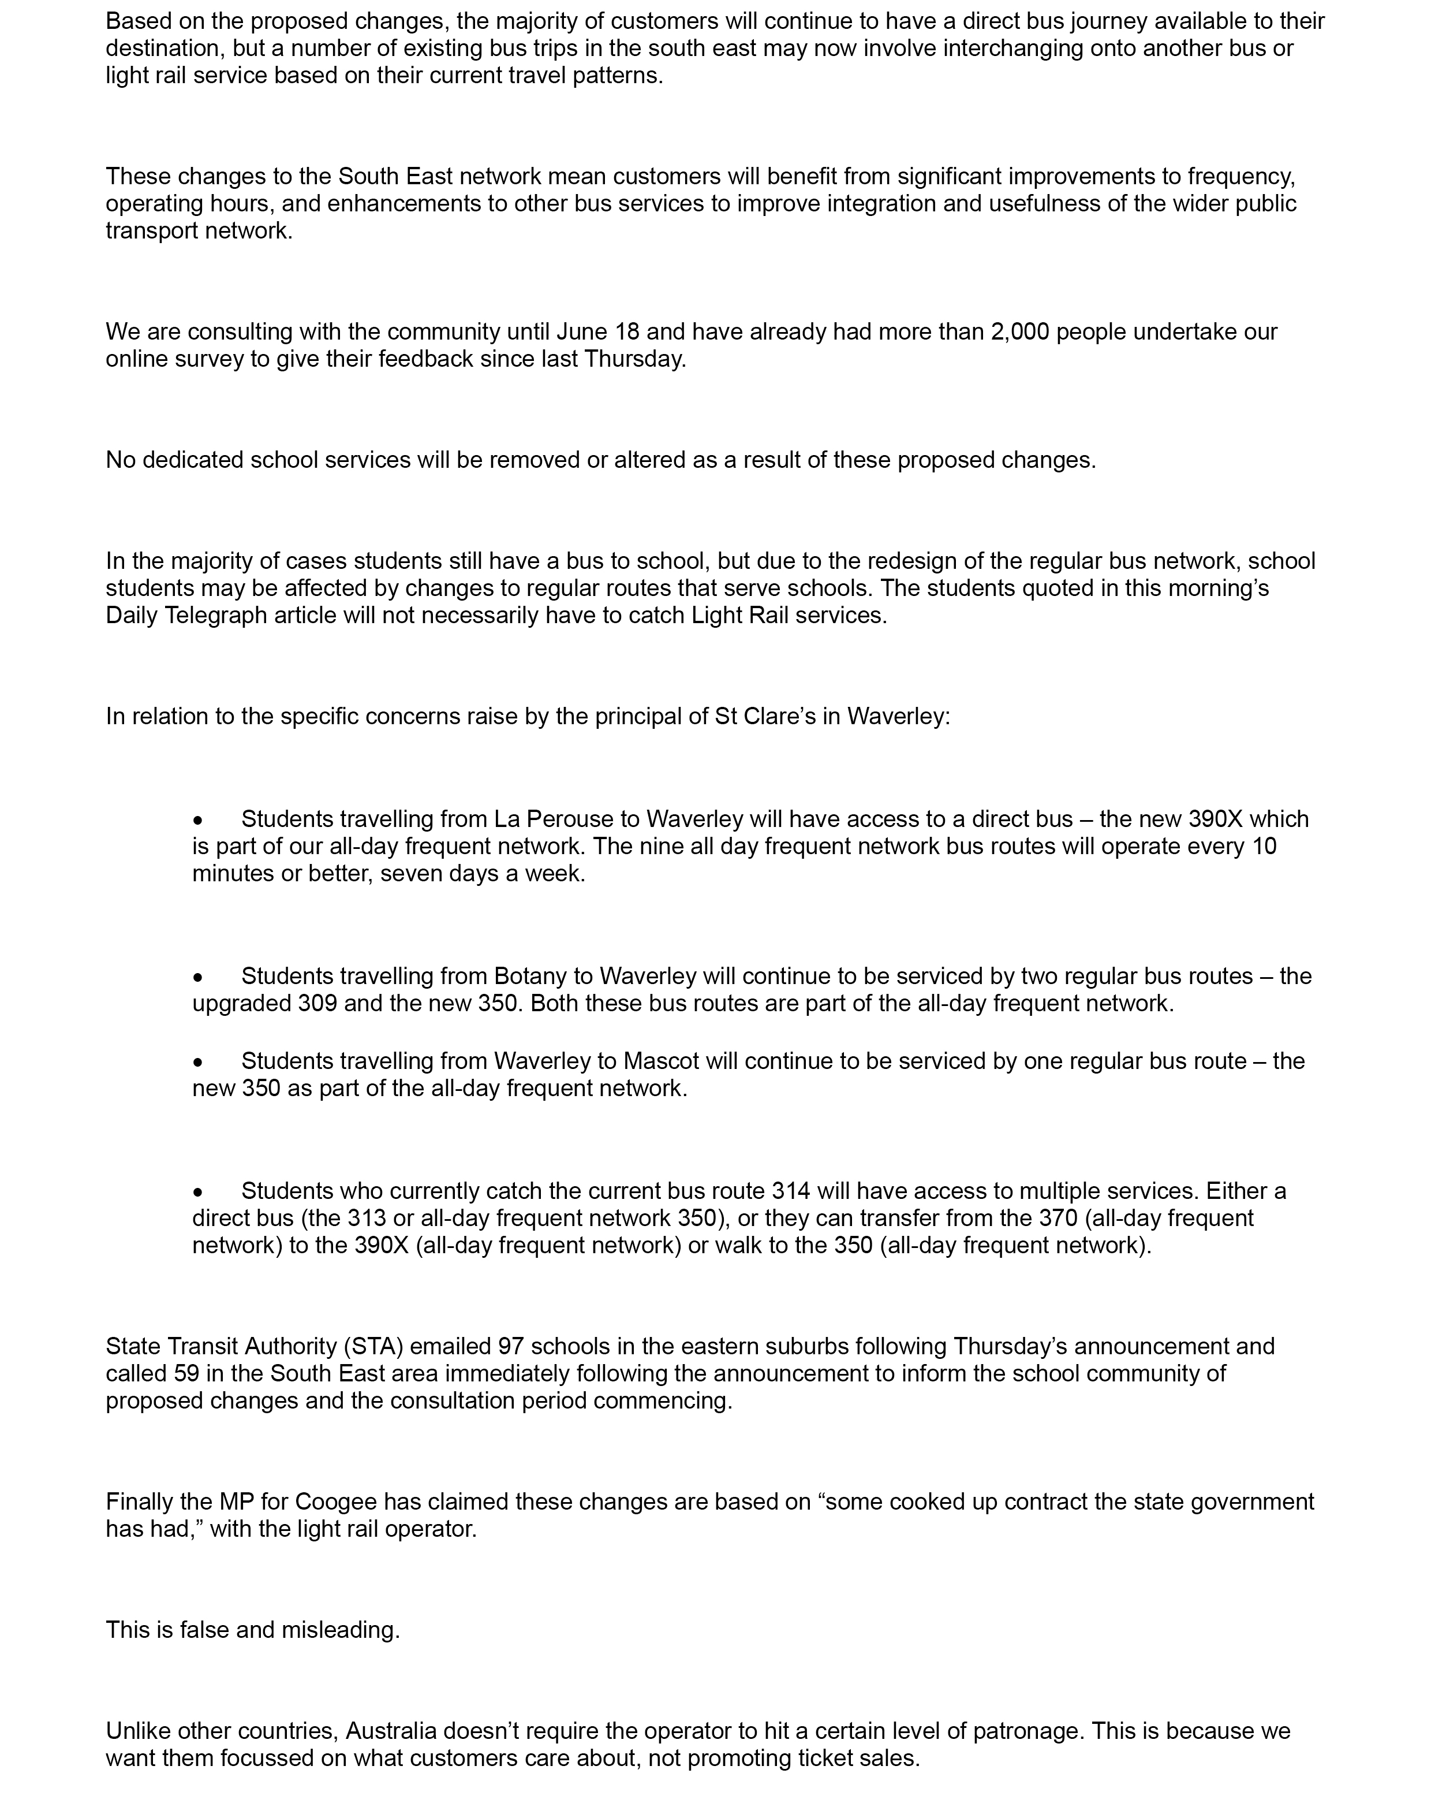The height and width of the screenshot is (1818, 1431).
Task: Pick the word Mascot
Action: click(660, 1061)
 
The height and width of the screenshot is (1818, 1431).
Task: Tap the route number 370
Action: click(1058, 1218)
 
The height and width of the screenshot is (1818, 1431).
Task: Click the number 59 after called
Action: click(187, 1373)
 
